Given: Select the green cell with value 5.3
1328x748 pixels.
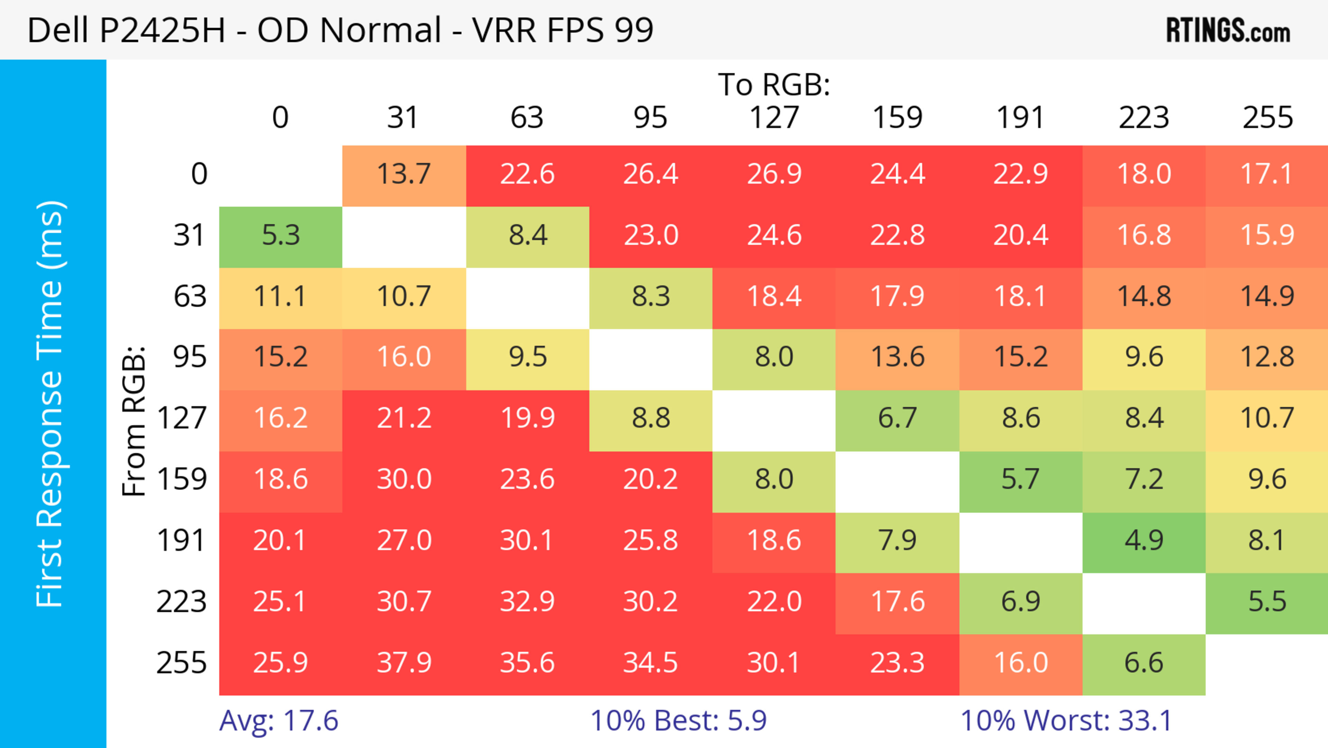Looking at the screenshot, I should [x=280, y=235].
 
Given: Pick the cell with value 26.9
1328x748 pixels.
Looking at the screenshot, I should [x=774, y=174].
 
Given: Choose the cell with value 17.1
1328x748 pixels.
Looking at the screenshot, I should [x=1267, y=174].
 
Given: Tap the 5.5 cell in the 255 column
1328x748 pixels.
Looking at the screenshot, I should [x=1267, y=602].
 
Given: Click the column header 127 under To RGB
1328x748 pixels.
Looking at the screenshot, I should [x=774, y=118].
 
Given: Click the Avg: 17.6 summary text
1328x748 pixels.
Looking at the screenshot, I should [x=278, y=721].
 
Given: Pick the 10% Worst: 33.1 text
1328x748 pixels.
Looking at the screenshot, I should [x=1066, y=721].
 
